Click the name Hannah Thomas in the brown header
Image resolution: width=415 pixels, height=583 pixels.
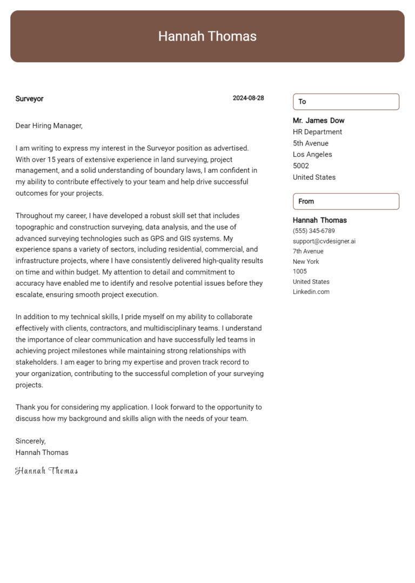pos(207,36)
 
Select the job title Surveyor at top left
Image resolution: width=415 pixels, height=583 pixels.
pos(29,98)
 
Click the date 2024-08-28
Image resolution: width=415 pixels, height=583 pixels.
pos(248,98)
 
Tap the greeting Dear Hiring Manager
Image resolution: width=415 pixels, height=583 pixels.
pos(49,125)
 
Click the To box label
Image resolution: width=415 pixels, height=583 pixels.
pos(302,102)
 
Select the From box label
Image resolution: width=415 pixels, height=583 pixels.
pos(306,201)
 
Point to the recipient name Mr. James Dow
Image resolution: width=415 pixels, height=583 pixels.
pos(318,121)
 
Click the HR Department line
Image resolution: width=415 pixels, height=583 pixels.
pos(317,132)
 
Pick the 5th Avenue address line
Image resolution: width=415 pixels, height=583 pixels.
pos(310,143)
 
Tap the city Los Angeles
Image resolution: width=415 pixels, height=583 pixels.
pos(312,155)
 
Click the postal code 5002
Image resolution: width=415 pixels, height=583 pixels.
pos(300,166)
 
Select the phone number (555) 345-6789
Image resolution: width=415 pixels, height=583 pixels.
pos(313,231)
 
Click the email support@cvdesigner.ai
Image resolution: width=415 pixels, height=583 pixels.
pos(324,241)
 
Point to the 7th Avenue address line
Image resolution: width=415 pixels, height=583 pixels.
pos(308,251)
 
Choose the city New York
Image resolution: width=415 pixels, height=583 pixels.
pos(306,262)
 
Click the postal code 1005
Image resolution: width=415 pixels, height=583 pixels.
pos(299,271)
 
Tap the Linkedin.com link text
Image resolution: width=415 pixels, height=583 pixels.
pos(311,292)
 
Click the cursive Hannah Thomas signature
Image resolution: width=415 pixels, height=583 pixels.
pos(46,471)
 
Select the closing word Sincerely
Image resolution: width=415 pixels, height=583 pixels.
pos(30,441)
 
